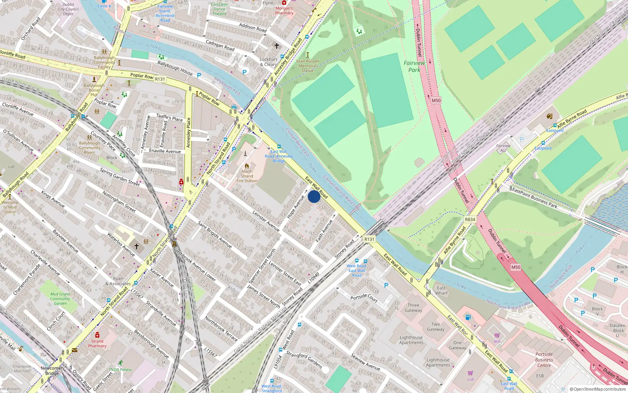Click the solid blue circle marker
314,196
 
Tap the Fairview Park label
414,66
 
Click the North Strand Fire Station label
247,176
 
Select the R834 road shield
470,220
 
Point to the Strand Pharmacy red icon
97,335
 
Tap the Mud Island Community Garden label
60,299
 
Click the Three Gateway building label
413,308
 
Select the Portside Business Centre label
544,360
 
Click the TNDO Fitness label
120,369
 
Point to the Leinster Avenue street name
266,221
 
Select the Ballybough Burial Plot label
94,90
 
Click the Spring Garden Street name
120,177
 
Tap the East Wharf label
441,290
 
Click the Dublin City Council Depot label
68,9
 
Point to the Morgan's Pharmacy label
284,11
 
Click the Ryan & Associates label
118,281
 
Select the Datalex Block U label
617,330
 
